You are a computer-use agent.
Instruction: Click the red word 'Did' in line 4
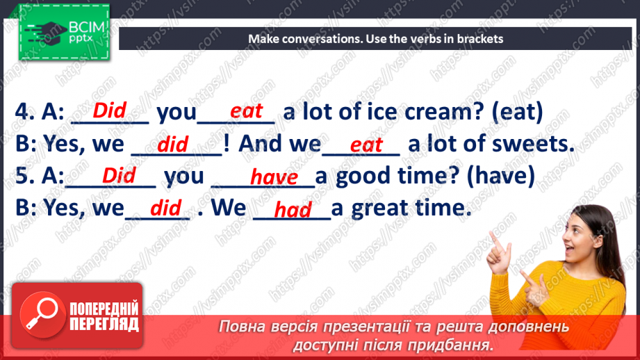pyautogui.click(x=109, y=111)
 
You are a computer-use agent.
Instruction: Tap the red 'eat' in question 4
pyautogui.click(x=246, y=111)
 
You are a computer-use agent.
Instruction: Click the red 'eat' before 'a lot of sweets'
pyautogui.click(x=366, y=145)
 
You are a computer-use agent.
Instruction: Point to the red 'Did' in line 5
pyautogui.click(x=119, y=176)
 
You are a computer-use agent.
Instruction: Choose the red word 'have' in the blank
pyautogui.click(x=274, y=177)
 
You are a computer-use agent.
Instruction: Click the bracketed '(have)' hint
pyautogui.click(x=500, y=177)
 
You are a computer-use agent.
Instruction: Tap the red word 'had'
pyautogui.click(x=293, y=210)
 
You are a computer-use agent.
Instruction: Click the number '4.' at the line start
pyautogui.click(x=24, y=111)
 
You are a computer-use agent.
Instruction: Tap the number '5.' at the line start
pyautogui.click(x=24, y=176)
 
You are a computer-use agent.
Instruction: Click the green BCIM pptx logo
pyautogui.click(x=64, y=32)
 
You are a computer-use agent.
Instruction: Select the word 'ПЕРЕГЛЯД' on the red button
pyautogui.click(x=104, y=324)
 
